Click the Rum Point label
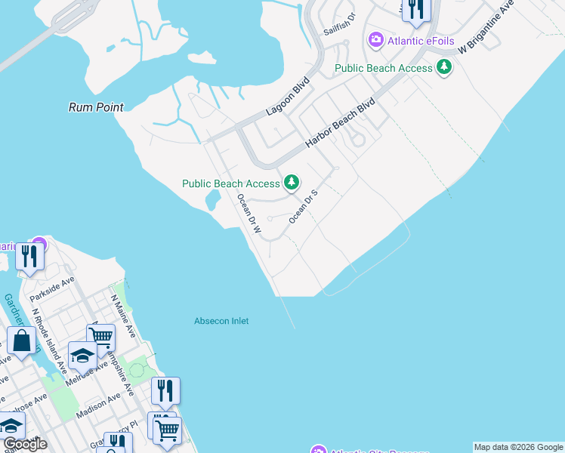pos(96,107)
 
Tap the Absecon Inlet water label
pos(221,321)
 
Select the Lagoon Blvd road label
pos(288,99)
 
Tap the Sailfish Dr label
pos(339,26)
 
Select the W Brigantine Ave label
pos(486,27)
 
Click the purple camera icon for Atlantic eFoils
pos(375,40)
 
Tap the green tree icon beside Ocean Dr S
pos(291,183)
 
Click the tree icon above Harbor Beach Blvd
pos(445,67)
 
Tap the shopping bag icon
pos(22,341)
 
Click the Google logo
pos(25,444)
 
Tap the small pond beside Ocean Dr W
pos(212,200)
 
